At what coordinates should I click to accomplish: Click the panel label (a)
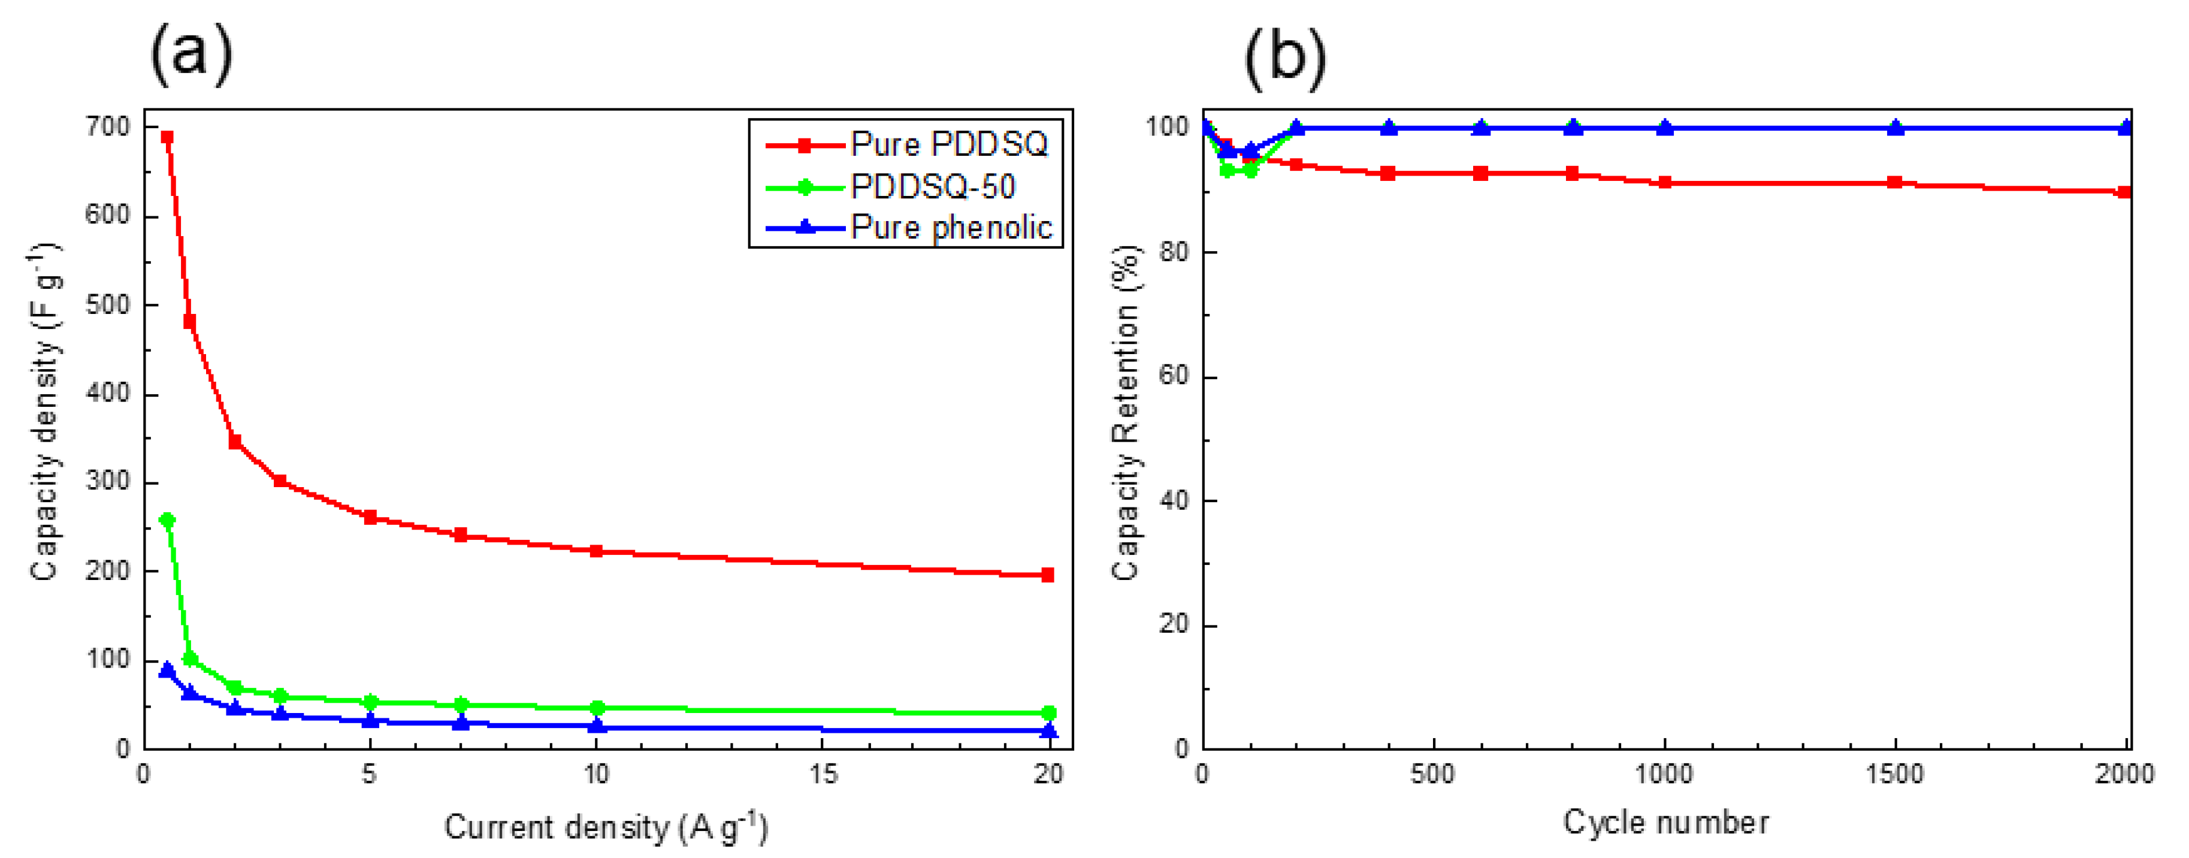191,53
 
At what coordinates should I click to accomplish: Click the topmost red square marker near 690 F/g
167,137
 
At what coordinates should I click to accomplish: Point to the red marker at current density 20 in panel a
1048,575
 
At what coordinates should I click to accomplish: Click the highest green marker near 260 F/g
167,520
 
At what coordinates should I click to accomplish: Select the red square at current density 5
370,516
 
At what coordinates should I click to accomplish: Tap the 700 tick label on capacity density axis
107,128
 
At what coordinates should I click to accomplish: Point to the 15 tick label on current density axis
822,774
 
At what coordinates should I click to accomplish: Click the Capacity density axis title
44,413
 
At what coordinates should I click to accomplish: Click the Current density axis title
605,827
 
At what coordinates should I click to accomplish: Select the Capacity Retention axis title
1125,413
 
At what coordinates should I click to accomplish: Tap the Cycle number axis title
1665,822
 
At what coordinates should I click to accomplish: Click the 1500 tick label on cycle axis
1894,774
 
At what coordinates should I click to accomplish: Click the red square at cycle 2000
2124,192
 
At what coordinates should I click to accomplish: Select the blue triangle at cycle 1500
1895,128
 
